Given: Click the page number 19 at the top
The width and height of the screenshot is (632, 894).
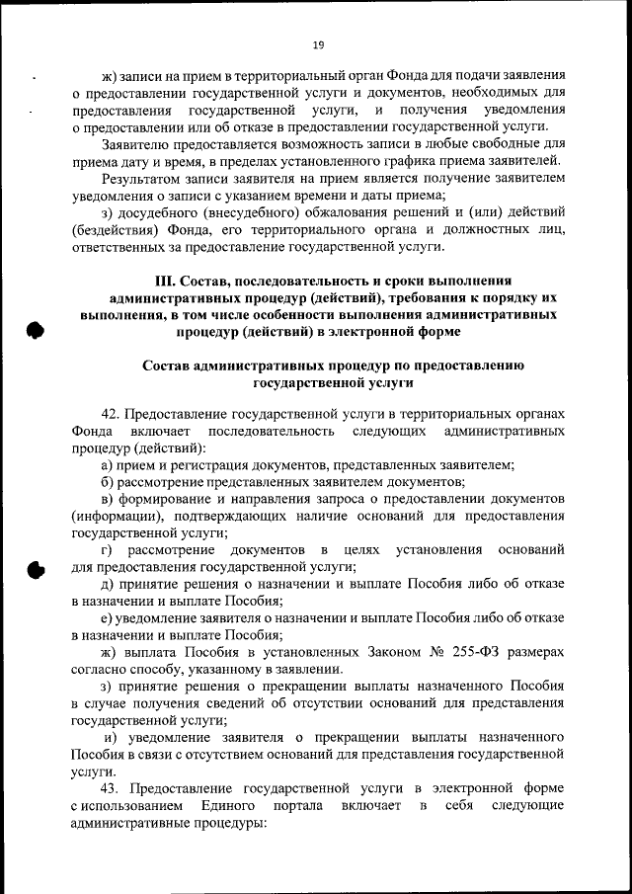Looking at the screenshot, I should point(318,44).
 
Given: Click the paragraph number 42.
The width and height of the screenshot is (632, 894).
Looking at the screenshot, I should point(111,413).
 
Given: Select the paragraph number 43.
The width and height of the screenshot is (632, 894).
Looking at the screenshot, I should point(111,788).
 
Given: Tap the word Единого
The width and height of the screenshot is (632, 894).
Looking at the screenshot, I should point(228,806).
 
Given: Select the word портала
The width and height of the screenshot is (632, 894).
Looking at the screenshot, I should point(312,806).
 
